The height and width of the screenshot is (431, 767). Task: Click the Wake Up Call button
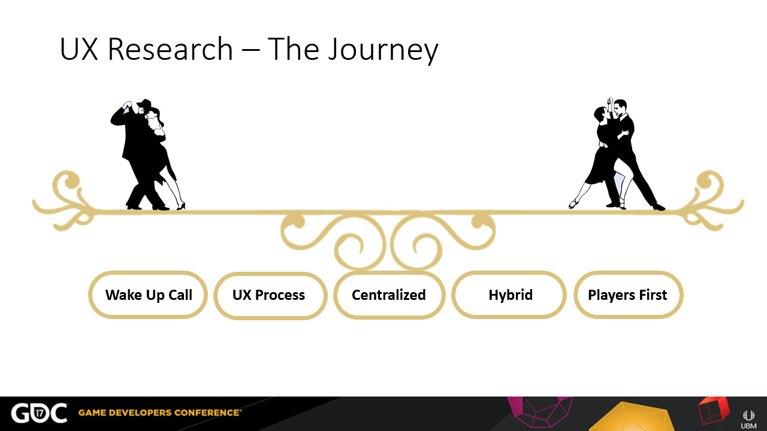click(x=148, y=295)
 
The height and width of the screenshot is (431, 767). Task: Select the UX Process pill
click(x=270, y=296)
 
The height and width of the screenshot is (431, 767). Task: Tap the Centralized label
click(x=389, y=295)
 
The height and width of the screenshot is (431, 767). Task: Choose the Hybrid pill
click(x=509, y=295)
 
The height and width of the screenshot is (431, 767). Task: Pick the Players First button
click(x=629, y=295)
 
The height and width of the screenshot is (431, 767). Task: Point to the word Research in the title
click(x=170, y=49)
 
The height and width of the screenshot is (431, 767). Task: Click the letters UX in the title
click(x=79, y=49)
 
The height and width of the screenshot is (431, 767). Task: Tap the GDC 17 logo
click(x=39, y=413)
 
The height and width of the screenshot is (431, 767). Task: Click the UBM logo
click(x=748, y=420)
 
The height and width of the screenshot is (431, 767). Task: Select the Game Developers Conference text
click(x=159, y=412)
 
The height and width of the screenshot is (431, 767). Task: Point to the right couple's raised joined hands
click(x=609, y=101)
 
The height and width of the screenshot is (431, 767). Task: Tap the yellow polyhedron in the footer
click(x=629, y=417)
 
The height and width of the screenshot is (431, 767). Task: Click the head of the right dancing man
click(x=620, y=108)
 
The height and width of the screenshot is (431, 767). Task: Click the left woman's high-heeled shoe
click(x=180, y=205)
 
